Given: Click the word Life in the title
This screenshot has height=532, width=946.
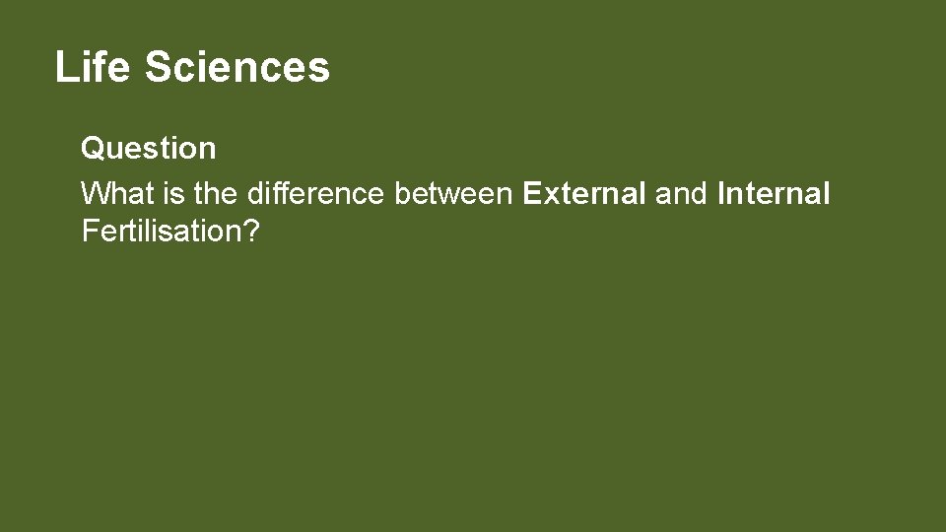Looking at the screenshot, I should coord(93,67).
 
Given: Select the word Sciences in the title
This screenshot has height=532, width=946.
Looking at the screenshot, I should coord(236,67).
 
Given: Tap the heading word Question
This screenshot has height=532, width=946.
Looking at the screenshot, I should coord(148,148).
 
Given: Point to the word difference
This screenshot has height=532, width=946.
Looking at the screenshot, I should coord(316,193).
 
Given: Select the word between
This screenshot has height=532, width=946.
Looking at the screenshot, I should coord(453,193).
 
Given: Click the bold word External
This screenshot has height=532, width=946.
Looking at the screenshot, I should coord(584,193).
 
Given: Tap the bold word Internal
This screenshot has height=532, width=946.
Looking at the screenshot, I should coord(775,193).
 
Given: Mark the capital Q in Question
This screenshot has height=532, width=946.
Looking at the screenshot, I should coord(93,148).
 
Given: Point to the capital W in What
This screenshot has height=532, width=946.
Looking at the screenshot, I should coord(95,193).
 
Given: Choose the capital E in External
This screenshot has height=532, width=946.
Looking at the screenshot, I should coord(532,193).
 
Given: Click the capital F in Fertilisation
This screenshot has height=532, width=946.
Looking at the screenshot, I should coord(89,232).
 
